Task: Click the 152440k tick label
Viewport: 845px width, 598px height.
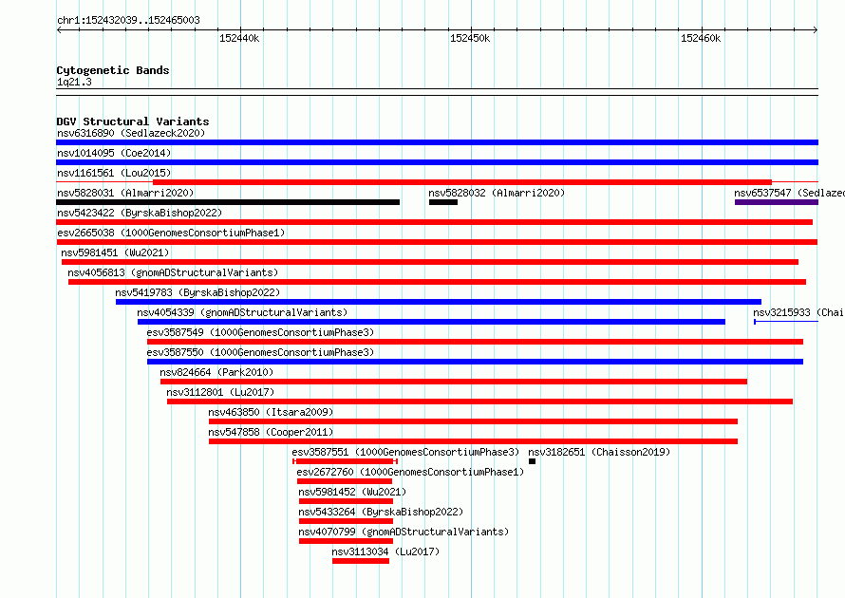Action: [x=239, y=38]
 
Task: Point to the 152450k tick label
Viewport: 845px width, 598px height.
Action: [x=470, y=38]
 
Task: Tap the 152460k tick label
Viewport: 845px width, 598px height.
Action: [x=701, y=38]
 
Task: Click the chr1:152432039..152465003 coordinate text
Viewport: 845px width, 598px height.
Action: [x=128, y=20]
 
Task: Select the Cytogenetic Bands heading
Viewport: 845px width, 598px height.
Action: [x=113, y=70]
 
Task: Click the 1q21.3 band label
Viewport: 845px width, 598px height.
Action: [x=74, y=82]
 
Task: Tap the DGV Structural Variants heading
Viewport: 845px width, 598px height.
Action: [x=133, y=121]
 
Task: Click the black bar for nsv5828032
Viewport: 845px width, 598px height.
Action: [x=443, y=202]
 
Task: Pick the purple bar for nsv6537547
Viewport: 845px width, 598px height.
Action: [x=776, y=202]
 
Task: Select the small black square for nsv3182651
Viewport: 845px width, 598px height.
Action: [x=532, y=461]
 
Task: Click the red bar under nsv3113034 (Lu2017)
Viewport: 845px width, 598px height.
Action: [x=361, y=561]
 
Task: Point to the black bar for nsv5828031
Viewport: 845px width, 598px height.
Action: [x=228, y=202]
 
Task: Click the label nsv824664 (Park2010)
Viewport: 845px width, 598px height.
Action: [x=216, y=372]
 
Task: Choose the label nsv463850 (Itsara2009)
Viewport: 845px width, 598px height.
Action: [x=272, y=412]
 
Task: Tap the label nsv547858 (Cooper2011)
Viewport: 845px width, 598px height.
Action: [x=272, y=432]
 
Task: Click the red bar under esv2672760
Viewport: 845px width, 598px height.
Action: [x=345, y=481]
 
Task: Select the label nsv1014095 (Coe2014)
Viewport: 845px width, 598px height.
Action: [x=114, y=153]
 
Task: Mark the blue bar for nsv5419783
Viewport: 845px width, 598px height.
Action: [x=438, y=302]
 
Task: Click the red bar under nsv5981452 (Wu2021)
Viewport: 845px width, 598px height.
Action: [x=346, y=501]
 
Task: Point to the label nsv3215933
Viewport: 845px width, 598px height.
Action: [x=781, y=312]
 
